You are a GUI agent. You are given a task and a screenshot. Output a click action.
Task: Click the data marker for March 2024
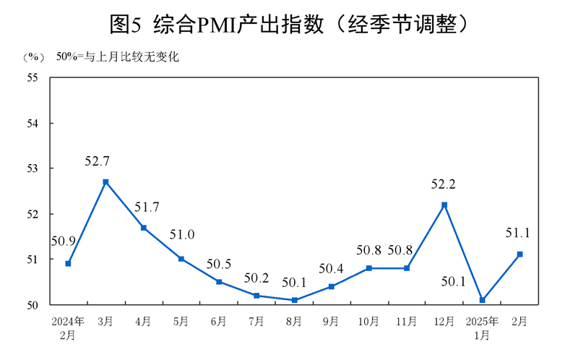click(x=105, y=182)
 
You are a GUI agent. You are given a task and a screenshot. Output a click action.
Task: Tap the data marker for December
click(x=444, y=205)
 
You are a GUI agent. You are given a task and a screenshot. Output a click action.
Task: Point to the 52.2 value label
click(x=443, y=184)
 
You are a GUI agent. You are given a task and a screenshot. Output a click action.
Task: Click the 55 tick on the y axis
click(x=33, y=77)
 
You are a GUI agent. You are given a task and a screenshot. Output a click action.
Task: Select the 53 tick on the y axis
click(x=33, y=168)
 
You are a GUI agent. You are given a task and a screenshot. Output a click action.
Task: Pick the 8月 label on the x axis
click(x=293, y=321)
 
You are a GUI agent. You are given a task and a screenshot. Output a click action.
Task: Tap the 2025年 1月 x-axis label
click(x=482, y=327)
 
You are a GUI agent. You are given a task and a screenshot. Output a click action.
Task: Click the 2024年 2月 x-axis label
click(x=68, y=327)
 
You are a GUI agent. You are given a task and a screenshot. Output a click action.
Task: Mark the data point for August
click(x=294, y=300)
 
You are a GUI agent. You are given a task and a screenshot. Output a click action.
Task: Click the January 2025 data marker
click(x=482, y=300)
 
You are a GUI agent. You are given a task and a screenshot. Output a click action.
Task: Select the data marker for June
click(x=219, y=282)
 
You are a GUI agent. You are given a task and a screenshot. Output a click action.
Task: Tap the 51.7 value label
click(x=148, y=207)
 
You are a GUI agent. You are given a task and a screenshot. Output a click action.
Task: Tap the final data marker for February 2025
click(x=519, y=254)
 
